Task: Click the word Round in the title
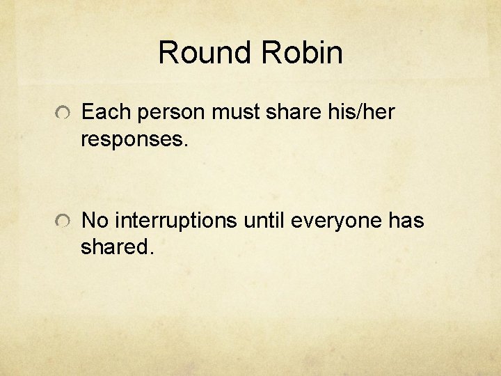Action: click(203, 53)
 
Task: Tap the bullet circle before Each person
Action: click(63, 113)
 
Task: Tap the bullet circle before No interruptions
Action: click(63, 222)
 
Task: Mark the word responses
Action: click(132, 139)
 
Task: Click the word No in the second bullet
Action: click(95, 221)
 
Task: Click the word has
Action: click(406, 221)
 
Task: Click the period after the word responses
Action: click(185, 144)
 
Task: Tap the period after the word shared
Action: click(148, 253)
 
